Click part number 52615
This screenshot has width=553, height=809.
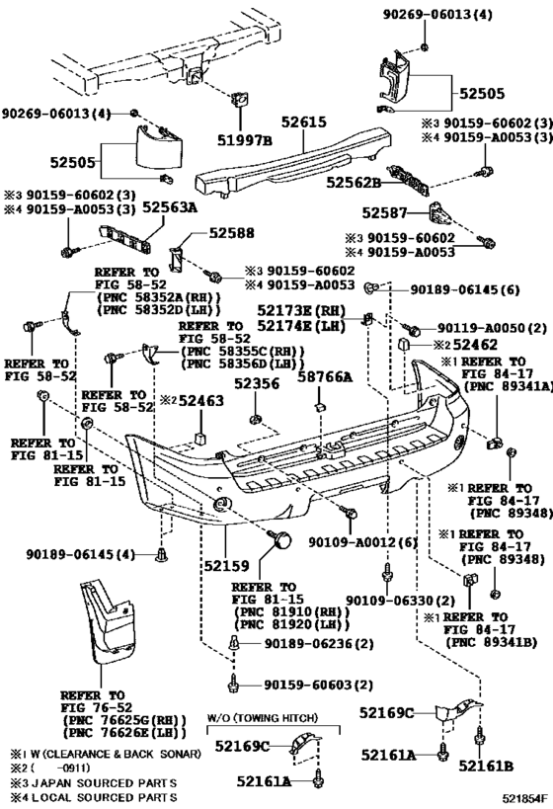point(304,122)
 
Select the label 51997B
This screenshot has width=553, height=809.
point(245,140)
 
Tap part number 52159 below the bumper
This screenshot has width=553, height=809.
point(226,566)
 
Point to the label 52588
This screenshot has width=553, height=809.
point(232,233)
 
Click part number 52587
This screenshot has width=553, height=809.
point(384,212)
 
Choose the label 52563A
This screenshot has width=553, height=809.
point(170,207)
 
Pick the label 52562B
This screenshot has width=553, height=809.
point(354,183)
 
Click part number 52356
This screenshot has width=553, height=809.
point(257,384)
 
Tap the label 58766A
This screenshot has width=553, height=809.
point(325,377)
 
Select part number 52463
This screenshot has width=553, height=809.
point(201,401)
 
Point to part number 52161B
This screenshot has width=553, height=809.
point(486,767)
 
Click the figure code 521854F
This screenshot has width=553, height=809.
point(525,799)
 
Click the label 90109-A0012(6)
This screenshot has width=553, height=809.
point(363,542)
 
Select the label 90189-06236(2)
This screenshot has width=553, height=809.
point(319,644)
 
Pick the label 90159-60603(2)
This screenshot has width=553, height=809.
point(318,686)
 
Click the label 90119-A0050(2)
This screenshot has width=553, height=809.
point(492,328)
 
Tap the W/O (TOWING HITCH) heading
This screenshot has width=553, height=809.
point(263,718)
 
